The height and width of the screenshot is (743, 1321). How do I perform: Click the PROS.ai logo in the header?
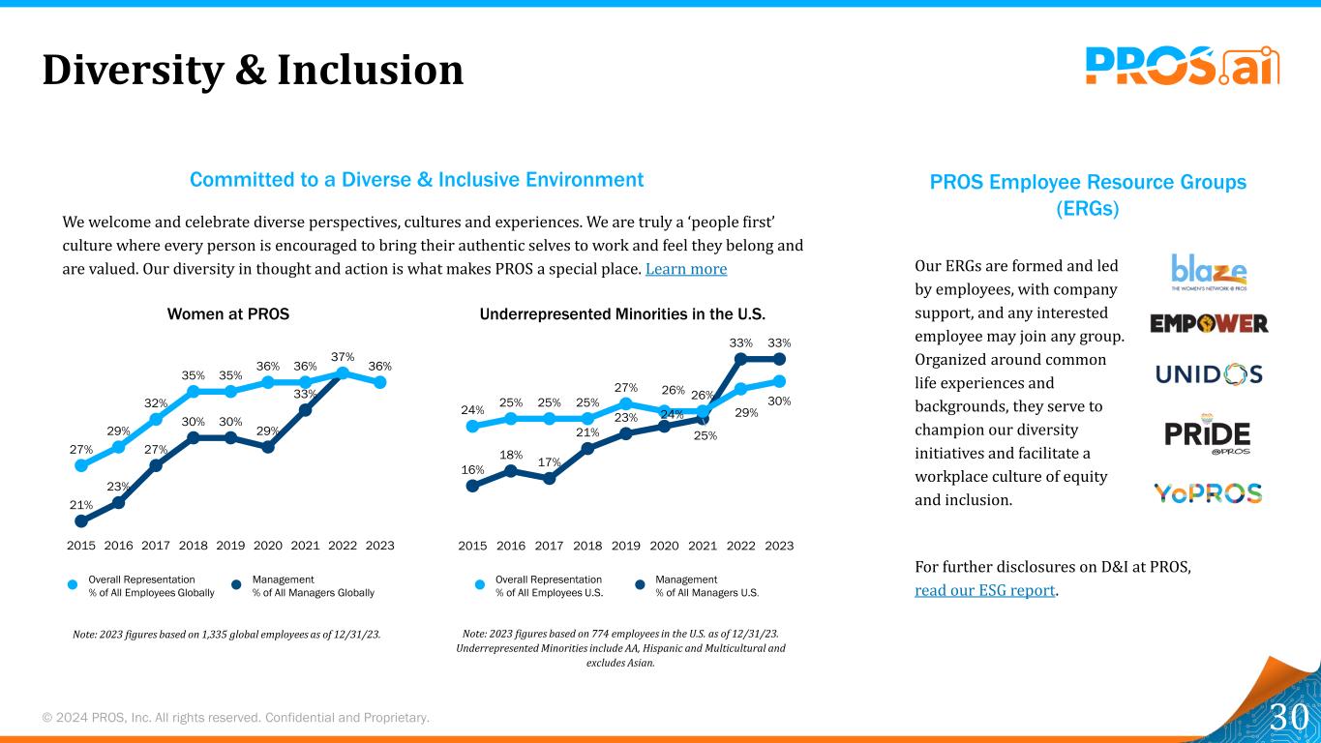point(1182,66)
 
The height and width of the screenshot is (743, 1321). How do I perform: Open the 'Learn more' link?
point(685,269)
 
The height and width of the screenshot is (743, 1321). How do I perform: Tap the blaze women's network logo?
point(1208,272)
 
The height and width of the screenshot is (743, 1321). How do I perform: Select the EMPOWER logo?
point(1209,323)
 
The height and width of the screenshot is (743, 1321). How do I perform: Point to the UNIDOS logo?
point(1209,373)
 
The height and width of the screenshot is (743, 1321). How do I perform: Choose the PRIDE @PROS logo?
point(1208,434)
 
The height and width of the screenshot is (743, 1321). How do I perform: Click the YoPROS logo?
point(1208,493)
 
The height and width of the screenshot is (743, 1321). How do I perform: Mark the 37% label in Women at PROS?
point(343,357)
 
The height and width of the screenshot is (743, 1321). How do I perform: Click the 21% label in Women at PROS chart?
point(80,504)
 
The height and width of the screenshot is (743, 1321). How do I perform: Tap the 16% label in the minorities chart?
point(472,469)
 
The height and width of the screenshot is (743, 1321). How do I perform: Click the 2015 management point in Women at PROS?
point(81,520)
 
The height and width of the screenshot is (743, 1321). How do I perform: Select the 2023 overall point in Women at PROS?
point(380,382)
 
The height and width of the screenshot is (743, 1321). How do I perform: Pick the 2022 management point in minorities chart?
point(741,359)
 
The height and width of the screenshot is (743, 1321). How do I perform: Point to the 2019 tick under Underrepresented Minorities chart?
point(626,546)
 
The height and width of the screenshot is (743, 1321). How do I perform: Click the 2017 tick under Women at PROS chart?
point(156,546)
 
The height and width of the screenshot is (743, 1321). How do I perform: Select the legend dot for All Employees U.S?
point(479,584)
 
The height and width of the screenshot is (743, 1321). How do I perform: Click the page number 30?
point(1289,718)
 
